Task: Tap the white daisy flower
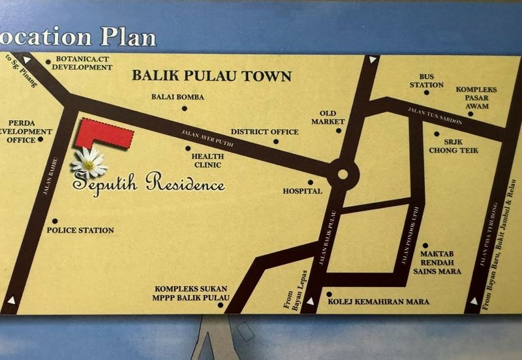89,163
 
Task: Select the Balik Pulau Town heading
211,76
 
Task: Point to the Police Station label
80,230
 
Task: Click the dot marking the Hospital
311,183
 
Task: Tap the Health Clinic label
207,160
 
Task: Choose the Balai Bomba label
177,97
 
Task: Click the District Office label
264,132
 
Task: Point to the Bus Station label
427,81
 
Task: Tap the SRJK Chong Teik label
453,146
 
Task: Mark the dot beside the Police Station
55,222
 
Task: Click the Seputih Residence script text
149,183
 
